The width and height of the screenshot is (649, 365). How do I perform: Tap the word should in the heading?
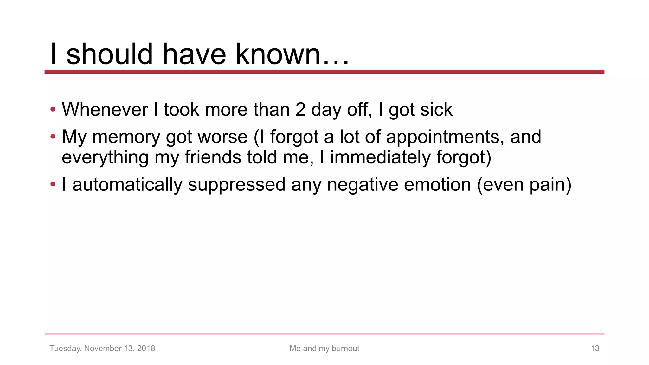(x=110, y=54)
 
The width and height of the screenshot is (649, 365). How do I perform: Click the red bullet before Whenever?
(x=53, y=110)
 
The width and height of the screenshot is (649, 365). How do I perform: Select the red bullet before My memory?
(x=53, y=137)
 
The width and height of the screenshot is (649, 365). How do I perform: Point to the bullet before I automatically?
(x=53, y=184)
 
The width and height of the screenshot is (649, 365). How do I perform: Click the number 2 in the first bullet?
(x=300, y=110)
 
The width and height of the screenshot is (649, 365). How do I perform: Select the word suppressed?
(x=237, y=185)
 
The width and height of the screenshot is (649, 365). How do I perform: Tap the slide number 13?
(x=595, y=349)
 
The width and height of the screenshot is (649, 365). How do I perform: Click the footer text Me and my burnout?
(x=324, y=349)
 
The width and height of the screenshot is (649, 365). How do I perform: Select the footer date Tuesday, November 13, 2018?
(x=102, y=349)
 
